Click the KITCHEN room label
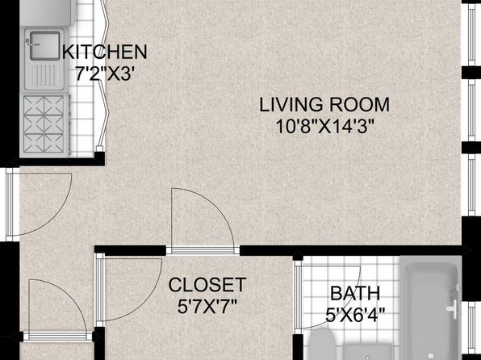tap(105, 52)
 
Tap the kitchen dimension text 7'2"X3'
tap(105, 74)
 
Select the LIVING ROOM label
tap(324, 104)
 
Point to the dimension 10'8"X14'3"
tap(325, 127)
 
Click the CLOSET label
tap(207, 284)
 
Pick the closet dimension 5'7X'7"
tap(207, 306)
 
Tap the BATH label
tap(355, 293)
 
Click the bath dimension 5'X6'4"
tap(355, 315)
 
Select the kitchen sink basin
tap(44, 46)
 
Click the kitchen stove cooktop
tap(44, 124)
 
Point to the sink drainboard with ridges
tap(44, 76)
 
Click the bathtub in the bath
tap(431, 308)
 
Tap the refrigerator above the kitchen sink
tap(48, 13)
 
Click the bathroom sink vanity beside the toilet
tap(368, 352)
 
